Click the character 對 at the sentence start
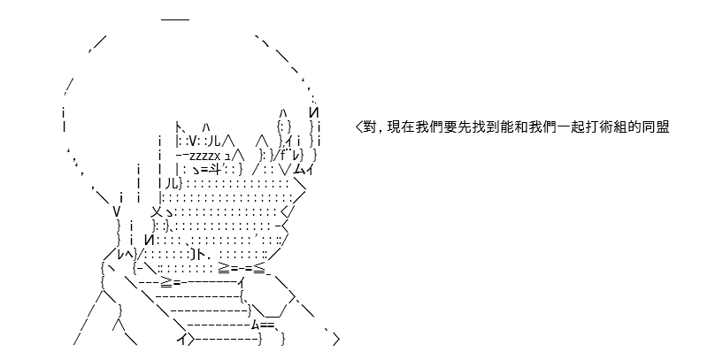tap(369, 127)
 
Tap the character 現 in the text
tap(394, 127)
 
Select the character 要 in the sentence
tap(450, 127)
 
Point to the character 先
tap(465, 127)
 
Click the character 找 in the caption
tap(479, 127)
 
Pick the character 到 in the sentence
tap(493, 127)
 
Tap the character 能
tap(507, 127)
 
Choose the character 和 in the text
tap(520, 127)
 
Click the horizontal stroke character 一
tap(563, 127)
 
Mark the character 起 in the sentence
tap(577, 127)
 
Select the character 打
tap(591, 127)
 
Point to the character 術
tap(605, 127)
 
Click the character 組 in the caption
tap(619, 127)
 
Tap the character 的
tap(634, 127)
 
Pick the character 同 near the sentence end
tap(648, 127)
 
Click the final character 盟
tap(662, 127)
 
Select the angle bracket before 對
tap(358, 127)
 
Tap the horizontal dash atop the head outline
tap(175, 19)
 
